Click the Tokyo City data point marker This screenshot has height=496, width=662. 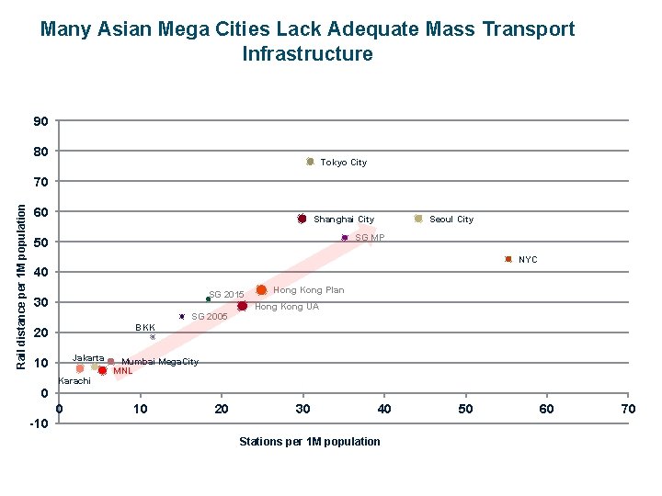click(x=310, y=162)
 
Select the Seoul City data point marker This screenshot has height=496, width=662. click(x=418, y=219)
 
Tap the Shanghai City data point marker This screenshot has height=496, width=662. click(x=302, y=219)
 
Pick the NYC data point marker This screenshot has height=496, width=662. click(x=508, y=260)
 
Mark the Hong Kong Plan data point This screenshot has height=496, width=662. click(x=261, y=290)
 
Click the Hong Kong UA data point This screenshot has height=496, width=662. click(x=242, y=306)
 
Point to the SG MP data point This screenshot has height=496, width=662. click(x=345, y=238)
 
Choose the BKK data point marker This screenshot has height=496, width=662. click(x=153, y=337)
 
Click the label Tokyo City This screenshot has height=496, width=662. click(x=343, y=163)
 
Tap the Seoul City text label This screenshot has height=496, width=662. click(x=451, y=220)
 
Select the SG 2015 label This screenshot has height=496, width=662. click(x=226, y=295)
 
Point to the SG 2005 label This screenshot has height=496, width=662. click(x=209, y=317)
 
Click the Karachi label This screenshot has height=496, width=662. click(x=74, y=381)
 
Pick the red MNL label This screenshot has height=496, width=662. click(x=122, y=371)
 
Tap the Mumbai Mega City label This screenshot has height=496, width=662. click(x=160, y=362)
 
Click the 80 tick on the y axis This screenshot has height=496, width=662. click(x=40, y=152)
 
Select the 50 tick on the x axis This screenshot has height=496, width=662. click(x=466, y=409)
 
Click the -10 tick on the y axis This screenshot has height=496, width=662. click(x=37, y=424)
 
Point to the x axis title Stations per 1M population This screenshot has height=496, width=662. click(x=309, y=442)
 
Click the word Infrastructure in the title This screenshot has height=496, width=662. click(x=307, y=54)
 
